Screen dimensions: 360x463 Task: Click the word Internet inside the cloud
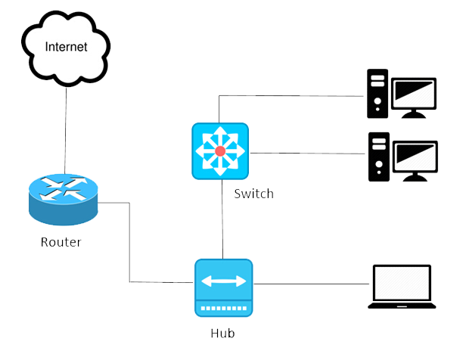coord(66,47)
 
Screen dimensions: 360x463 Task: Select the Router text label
coord(61,243)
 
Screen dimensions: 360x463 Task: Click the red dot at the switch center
coord(220,151)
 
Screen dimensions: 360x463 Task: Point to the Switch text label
coord(253,194)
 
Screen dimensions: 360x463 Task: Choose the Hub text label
coord(223,332)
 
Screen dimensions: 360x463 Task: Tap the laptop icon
coord(402,287)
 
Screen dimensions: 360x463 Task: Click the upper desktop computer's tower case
coord(378,94)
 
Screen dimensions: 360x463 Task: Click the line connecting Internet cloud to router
coord(66,129)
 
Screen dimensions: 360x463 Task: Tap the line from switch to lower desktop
coord(306,153)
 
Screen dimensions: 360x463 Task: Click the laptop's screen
coord(402,283)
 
